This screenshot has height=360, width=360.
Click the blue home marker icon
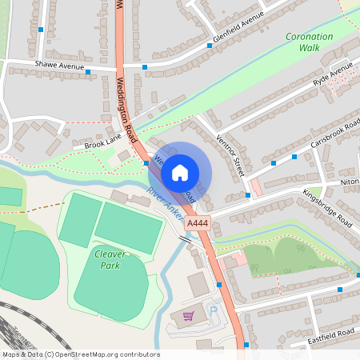click(180, 172)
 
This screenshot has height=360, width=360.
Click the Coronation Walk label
click(309, 42)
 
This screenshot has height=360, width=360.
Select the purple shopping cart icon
click(188, 315)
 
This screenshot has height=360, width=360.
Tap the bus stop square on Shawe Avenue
click(87, 72)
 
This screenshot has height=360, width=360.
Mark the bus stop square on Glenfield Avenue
click(210, 46)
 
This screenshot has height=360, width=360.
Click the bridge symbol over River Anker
click(185, 238)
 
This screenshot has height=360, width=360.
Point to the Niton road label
click(350, 182)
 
